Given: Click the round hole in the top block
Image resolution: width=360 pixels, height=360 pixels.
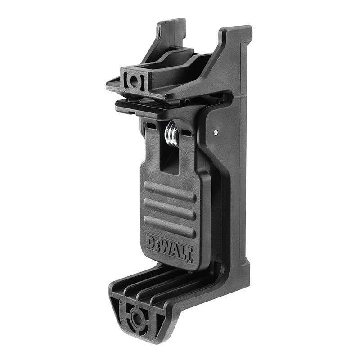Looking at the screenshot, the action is (x=134, y=81).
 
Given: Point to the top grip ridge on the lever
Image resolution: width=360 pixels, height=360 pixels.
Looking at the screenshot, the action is (x=170, y=192).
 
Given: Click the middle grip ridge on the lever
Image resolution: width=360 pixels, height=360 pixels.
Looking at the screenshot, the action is (x=170, y=209).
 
